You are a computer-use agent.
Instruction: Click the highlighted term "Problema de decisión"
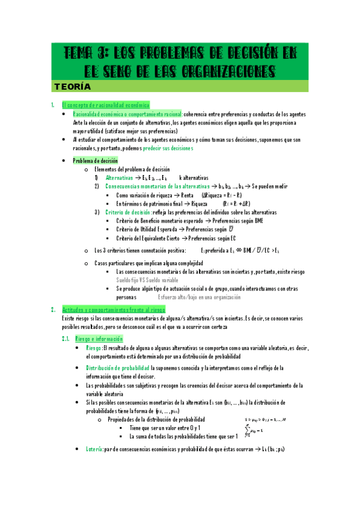point(95,161)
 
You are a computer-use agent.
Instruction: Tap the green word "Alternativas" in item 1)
point(120,178)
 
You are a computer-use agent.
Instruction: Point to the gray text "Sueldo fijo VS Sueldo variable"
point(147,280)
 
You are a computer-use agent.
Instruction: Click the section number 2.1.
point(67,339)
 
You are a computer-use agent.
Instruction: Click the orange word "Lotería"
point(94,449)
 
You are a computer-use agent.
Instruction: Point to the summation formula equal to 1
point(259,431)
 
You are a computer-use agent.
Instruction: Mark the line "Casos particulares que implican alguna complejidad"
point(148,263)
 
